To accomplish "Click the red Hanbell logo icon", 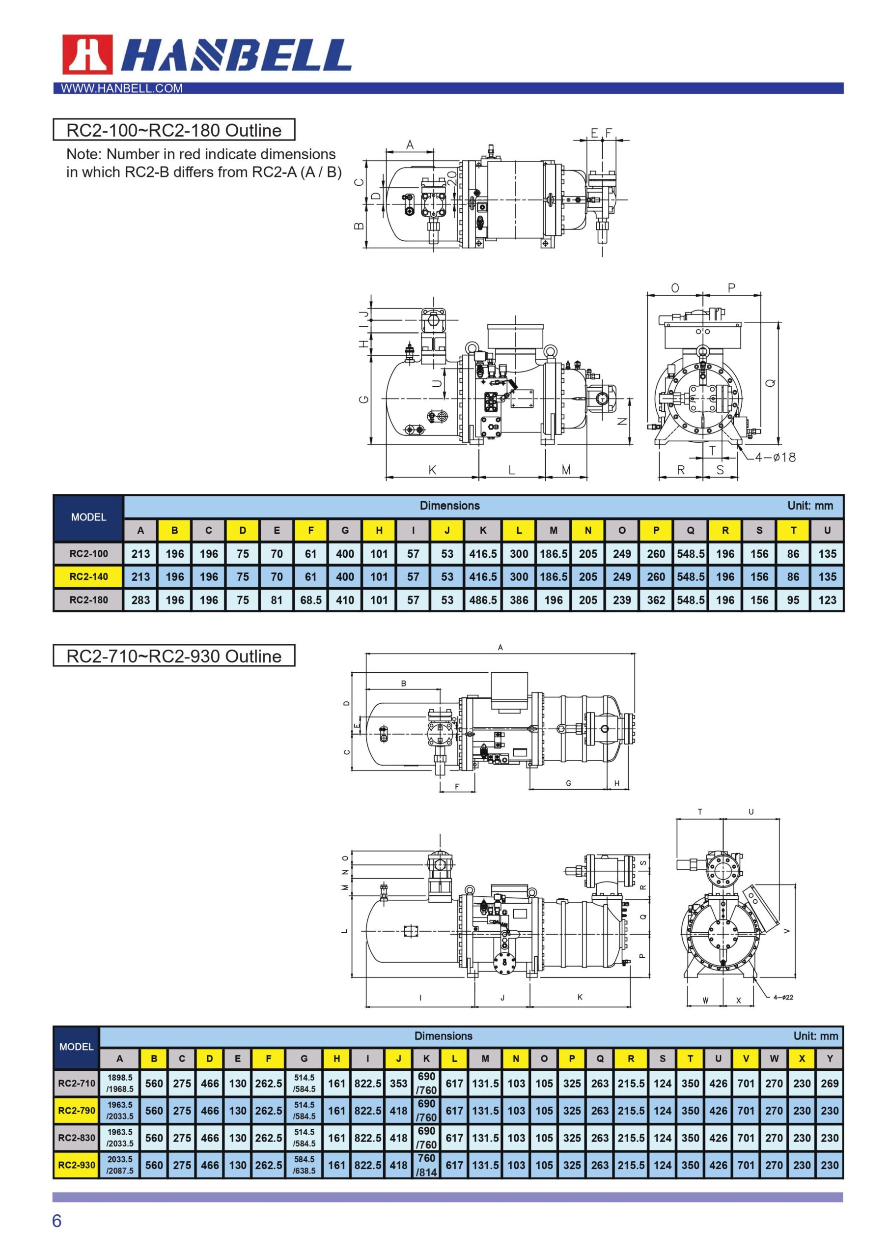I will point(87,54).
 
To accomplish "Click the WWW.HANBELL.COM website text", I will point(122,88).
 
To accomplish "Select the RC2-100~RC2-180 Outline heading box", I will point(174,130).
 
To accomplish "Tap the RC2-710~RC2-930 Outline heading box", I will point(174,656).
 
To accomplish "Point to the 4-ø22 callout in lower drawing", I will point(783,997).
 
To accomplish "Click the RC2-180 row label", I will point(88,600).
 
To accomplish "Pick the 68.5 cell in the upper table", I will point(310,600).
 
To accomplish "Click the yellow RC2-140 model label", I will point(88,576).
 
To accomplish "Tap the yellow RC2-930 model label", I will point(76,1165).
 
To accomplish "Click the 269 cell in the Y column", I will point(829,1083).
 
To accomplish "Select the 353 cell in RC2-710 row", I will point(398,1083).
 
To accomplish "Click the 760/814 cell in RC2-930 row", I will point(426,1165).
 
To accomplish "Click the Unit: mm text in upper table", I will point(809,506).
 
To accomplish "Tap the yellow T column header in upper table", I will point(793,530).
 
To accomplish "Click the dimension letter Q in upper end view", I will point(770,383).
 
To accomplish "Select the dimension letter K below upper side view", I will point(432,470).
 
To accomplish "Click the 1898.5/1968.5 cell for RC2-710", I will point(119,1083).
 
